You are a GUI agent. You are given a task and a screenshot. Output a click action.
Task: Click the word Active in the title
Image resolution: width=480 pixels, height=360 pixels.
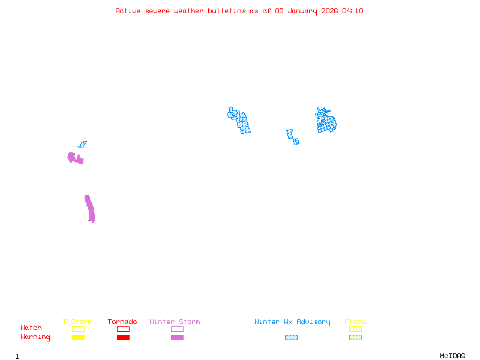coord(128,11)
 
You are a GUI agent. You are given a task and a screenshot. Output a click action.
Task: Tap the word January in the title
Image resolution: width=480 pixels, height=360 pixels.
coord(303,11)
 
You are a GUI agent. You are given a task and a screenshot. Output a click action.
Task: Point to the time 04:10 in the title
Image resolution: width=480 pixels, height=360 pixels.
coord(353,11)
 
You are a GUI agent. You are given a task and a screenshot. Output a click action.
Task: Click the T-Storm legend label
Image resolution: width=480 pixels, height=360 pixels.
coord(77,322)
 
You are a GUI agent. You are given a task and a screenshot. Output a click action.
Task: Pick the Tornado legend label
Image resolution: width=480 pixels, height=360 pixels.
coord(122,322)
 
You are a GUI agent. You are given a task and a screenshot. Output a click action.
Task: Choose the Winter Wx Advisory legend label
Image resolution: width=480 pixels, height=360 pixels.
coord(292,322)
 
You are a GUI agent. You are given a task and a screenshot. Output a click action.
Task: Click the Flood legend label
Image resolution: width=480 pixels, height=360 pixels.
coord(355,322)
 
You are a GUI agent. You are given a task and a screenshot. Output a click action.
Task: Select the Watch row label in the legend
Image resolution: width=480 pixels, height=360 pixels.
coord(31,328)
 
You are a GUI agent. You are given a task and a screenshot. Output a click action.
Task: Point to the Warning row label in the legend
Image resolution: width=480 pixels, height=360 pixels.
coord(35,337)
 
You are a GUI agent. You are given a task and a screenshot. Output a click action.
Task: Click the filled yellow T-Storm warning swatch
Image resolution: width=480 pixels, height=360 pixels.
coord(78,337)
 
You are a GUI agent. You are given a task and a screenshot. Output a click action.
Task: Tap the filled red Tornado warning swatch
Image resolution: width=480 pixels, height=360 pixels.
coord(123,337)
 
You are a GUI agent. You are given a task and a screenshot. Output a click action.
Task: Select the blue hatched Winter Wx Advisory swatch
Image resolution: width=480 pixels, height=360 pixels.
coord(291,337)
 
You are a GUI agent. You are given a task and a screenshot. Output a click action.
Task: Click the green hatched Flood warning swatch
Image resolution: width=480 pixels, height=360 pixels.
coord(355,337)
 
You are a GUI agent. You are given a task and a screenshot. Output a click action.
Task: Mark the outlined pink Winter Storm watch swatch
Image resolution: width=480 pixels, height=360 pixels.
coord(177,329)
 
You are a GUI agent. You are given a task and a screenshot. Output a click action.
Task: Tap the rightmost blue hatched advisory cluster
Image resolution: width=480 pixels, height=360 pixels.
coord(326,121)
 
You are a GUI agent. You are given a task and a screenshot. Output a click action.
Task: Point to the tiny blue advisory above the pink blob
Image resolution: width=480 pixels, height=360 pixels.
coord(82,144)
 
